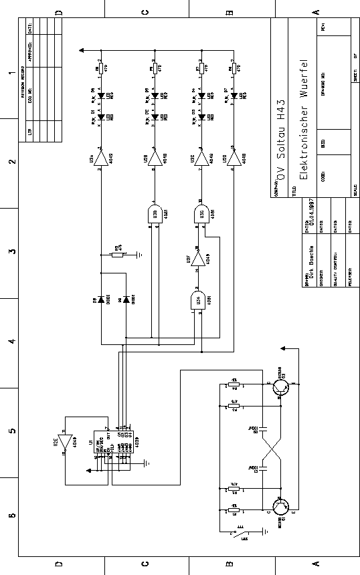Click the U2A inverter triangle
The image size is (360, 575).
[x=100, y=158]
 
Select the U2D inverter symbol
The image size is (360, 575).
[x=234, y=158]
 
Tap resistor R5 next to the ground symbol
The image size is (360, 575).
[x=117, y=254]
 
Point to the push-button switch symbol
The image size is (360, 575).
[x=238, y=533]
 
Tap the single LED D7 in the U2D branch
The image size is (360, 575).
[x=233, y=96]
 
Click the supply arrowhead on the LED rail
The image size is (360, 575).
[x=81, y=49]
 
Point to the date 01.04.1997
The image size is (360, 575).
[x=313, y=213]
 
